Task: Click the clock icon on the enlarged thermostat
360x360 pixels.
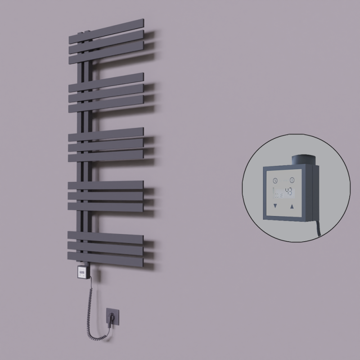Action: coord(274,180)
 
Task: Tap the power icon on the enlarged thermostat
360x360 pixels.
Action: coord(292,180)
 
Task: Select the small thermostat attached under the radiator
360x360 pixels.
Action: coord(83,272)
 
